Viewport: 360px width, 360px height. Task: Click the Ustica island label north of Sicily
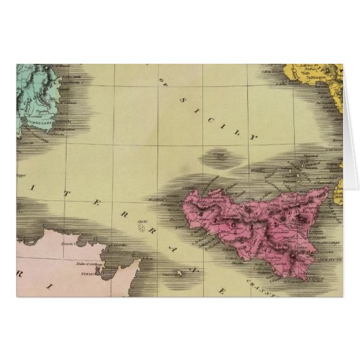(x=218, y=155)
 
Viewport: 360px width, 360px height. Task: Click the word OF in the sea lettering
(x=163, y=82)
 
